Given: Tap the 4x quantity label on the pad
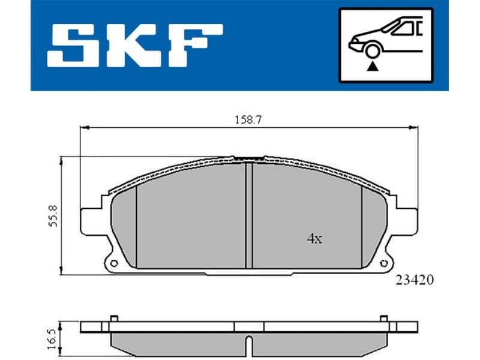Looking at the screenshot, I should pyautogui.click(x=314, y=239).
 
